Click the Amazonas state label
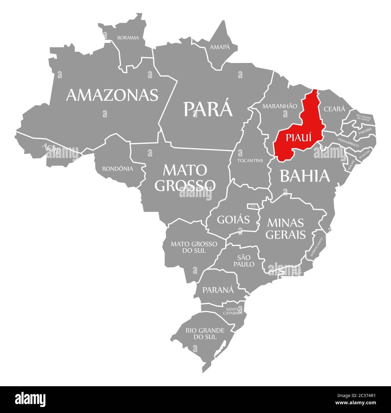[112, 95]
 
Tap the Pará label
[208, 109]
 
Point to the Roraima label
[128, 38]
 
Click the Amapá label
[220, 47]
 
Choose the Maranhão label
[279, 106]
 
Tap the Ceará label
[334, 109]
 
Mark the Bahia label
[305, 176]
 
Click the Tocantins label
[250, 160]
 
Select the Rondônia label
[117, 169]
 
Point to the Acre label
[51, 148]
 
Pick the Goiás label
[233, 219]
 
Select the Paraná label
[218, 290]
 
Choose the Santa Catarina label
[232, 311]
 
